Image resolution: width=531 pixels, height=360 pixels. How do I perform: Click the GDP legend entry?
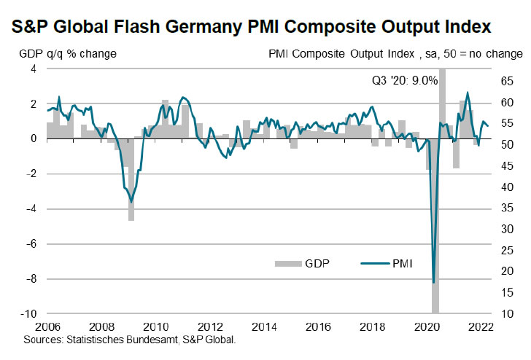(304, 263)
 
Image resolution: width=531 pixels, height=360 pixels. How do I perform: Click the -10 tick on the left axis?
(30, 314)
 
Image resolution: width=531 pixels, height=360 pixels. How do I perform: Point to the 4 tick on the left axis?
(34, 69)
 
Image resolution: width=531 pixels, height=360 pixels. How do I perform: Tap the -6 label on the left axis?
(32, 244)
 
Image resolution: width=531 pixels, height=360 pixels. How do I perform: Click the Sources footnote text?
(131, 340)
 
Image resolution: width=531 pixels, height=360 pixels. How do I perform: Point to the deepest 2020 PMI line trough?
(434, 282)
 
